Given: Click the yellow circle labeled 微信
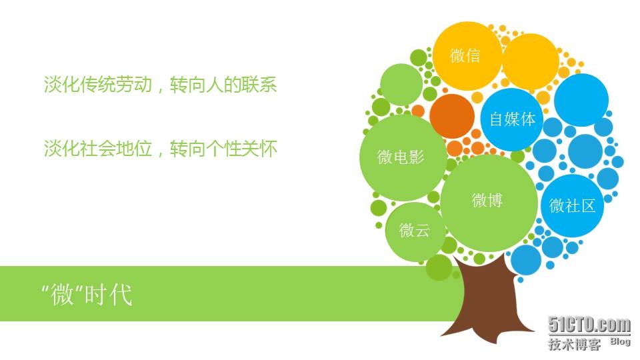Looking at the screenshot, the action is coord(467,56).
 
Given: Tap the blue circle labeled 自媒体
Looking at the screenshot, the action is coord(512,119).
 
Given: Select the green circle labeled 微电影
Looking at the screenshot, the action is coord(403,157).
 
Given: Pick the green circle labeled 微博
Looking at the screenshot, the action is coord(489,203).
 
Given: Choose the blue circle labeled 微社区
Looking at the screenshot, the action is coord(572,206).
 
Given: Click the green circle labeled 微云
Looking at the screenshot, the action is coord(415,231).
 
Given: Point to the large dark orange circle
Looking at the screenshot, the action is coord(452,116).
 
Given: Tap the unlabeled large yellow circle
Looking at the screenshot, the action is coord(531,61).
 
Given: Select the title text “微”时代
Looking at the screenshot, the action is coord(87,294).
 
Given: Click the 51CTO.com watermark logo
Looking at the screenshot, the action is coord(589,325).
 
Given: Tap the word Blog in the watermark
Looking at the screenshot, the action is coord(621,341).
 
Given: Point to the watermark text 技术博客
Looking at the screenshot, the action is coord(574,344).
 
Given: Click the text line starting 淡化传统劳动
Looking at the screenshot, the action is coord(161,85).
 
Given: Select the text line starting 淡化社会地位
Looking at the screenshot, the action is coord(161,148).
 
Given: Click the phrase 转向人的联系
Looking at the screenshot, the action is coord(223,85).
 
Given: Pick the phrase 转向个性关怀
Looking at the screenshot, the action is coord(223,148).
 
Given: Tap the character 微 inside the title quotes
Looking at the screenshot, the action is coord(63,294).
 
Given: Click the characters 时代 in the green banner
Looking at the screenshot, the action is coord(109,294).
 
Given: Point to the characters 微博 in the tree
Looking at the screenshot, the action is coord(487,200).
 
